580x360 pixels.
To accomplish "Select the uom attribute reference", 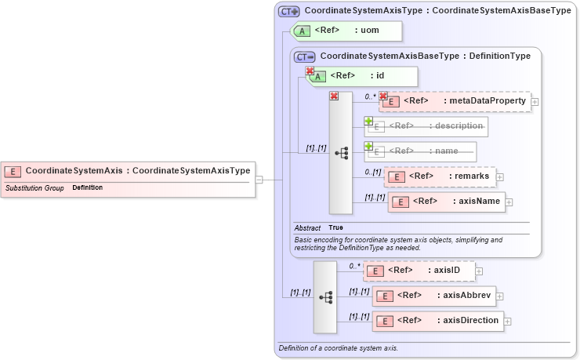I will [x=346, y=31].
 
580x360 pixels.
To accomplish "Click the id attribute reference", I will [x=362, y=76].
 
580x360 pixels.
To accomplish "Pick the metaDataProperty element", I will [x=454, y=101].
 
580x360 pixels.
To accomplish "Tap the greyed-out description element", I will [x=426, y=126].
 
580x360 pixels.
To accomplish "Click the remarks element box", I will [x=441, y=176].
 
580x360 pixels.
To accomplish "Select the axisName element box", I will [x=446, y=202].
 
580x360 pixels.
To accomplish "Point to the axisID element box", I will [x=419, y=271].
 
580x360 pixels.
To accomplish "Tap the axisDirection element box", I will [x=437, y=321].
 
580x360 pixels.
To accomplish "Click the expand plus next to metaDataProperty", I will [x=535, y=101].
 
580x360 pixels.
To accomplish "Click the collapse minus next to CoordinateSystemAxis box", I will [x=259, y=179].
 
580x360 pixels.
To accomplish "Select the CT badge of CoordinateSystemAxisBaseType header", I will [x=304, y=56].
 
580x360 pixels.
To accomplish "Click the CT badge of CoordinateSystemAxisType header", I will [x=289, y=12].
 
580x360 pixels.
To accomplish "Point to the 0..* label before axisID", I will [x=353, y=266].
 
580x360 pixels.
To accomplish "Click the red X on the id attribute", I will [x=310, y=71].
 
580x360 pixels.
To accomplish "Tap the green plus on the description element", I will [x=368, y=122].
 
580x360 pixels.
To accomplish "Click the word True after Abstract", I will [x=335, y=227].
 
